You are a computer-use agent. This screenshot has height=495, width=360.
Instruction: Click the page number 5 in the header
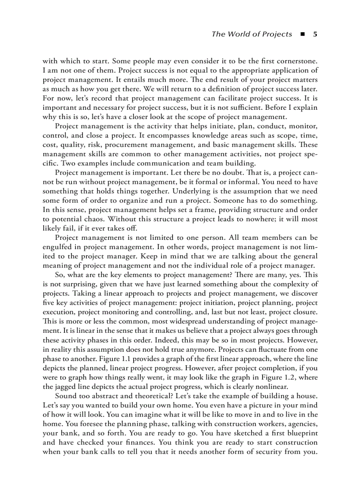(315, 34)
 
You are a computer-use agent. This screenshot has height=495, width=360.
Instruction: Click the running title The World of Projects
(251, 34)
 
